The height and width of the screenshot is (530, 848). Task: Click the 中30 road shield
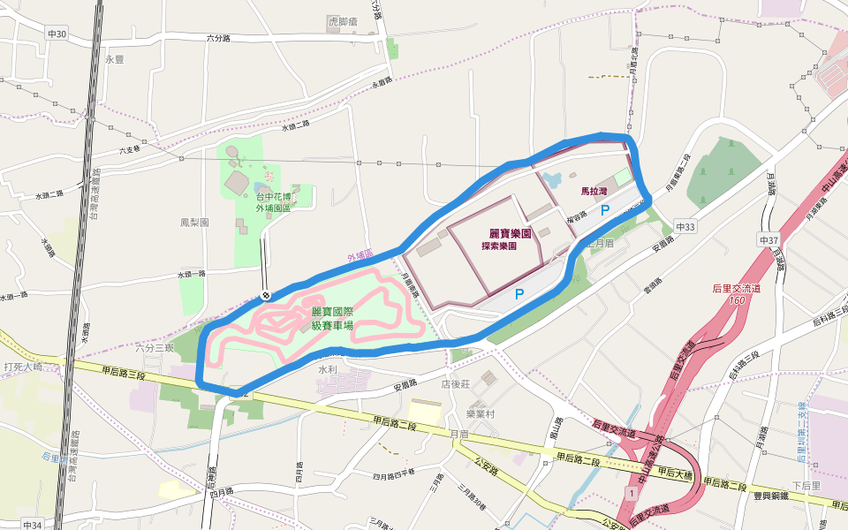point(57,34)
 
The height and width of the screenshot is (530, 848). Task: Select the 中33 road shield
point(685,227)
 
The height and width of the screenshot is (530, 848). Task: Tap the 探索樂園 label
point(499,246)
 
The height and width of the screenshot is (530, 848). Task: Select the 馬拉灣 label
point(594,191)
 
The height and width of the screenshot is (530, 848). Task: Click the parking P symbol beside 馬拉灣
point(605,210)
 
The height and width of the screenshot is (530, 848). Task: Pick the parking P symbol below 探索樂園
point(519,294)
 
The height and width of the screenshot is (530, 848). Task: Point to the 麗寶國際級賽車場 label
point(332,319)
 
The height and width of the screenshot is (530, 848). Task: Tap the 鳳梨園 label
point(194,223)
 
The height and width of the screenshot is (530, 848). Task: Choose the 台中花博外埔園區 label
point(273,203)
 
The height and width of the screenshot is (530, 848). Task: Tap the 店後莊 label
point(458,383)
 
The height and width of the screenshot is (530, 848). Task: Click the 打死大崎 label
point(23,366)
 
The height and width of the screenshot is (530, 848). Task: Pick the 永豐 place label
point(116,60)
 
